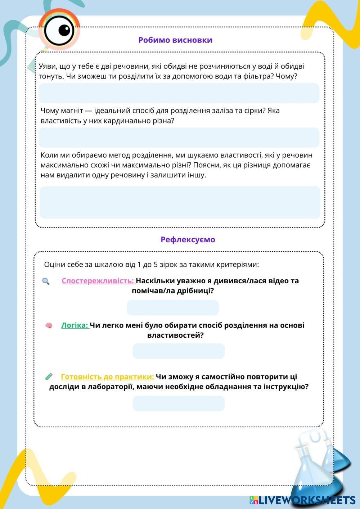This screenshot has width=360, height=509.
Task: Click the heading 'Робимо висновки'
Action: pyautogui.click(x=175, y=40)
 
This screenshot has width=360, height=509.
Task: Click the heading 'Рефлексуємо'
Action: pyautogui.click(x=188, y=239)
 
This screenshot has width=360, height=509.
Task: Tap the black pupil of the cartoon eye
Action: pyautogui.click(x=64, y=30)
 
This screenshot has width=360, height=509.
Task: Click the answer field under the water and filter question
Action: pyautogui.click(x=179, y=93)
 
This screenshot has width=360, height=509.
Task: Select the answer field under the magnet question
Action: pyautogui.click(x=179, y=138)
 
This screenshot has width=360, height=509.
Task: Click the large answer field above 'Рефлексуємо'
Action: pyautogui.click(x=180, y=202)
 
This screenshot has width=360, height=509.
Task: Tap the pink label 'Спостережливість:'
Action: pyautogui.click(x=98, y=281)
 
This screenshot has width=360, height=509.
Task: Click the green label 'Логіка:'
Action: pyautogui.click(x=75, y=325)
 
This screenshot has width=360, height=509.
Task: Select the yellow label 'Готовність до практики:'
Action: pyautogui.click(x=107, y=377)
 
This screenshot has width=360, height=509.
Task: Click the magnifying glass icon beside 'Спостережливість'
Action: pyautogui.click(x=46, y=281)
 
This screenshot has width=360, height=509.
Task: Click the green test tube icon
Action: pyautogui.click(x=49, y=377)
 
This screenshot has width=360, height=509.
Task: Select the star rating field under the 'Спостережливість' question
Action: pyautogui.click(x=173, y=308)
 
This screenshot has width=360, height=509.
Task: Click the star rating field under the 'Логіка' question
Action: pyautogui.click(x=179, y=351)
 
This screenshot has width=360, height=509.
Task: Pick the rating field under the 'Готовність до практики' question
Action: pyautogui.click(x=179, y=404)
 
